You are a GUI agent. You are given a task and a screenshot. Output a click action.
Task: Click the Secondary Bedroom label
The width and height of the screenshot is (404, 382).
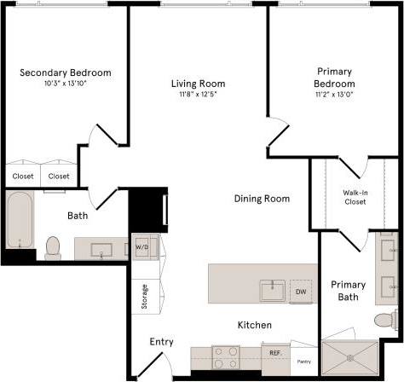[x=66, y=72]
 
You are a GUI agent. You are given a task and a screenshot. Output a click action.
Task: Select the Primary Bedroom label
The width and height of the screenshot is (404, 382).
[x=334, y=78]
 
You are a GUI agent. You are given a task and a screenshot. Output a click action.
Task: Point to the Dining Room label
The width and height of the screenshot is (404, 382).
[x=262, y=199]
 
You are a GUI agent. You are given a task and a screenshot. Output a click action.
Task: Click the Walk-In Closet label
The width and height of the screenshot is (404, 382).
[x=355, y=197]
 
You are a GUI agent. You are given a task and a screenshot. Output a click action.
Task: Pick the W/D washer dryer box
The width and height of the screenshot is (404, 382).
[x=141, y=249]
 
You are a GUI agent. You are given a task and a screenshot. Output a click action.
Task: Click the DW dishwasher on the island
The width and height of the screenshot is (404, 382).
[x=301, y=292]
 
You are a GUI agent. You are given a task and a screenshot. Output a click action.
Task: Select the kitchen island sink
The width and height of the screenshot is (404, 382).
[x=273, y=290]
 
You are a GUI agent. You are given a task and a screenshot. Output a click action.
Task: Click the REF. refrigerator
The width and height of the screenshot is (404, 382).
[x=275, y=352]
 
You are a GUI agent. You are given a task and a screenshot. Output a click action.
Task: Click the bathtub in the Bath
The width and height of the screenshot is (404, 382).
[x=19, y=219]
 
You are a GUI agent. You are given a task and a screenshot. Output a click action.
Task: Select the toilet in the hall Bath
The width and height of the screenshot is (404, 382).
[x=53, y=246]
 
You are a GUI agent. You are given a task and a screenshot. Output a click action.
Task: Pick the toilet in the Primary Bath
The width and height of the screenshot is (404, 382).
[x=388, y=321]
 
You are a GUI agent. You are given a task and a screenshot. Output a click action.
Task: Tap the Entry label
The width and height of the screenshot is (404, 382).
[x=161, y=342]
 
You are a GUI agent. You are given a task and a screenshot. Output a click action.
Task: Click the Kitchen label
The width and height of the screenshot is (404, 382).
[x=254, y=325]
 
